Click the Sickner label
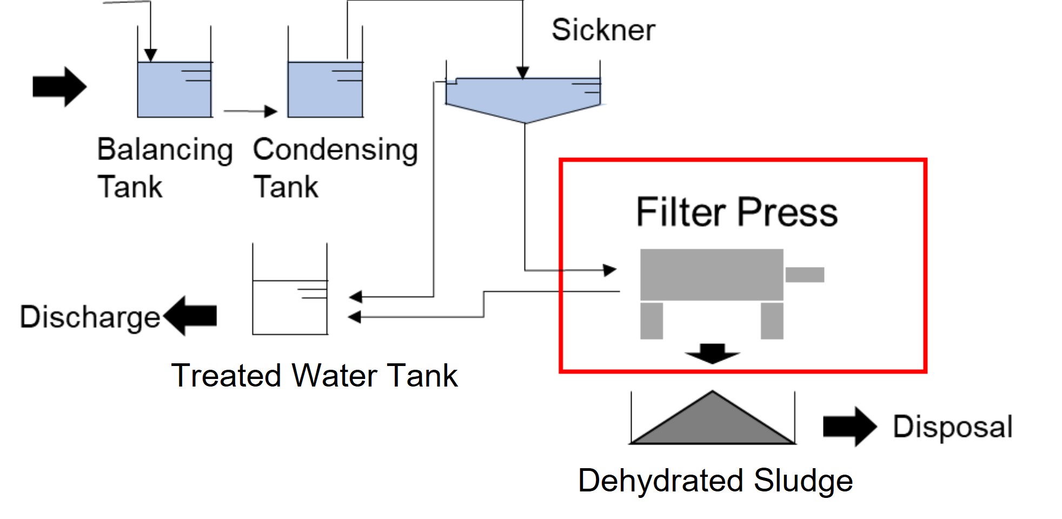[603, 30]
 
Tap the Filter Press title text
[736, 212]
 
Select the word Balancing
[165, 150]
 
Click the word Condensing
[335, 150]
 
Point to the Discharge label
[90, 317]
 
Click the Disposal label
[952, 427]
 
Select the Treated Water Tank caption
[314, 376]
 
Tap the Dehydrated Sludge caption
[715, 481]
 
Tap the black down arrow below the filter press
[712, 353]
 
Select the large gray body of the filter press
[712, 274]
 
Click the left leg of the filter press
[652, 321]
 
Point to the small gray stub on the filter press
[805, 275]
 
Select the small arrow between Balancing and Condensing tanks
[250, 111]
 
